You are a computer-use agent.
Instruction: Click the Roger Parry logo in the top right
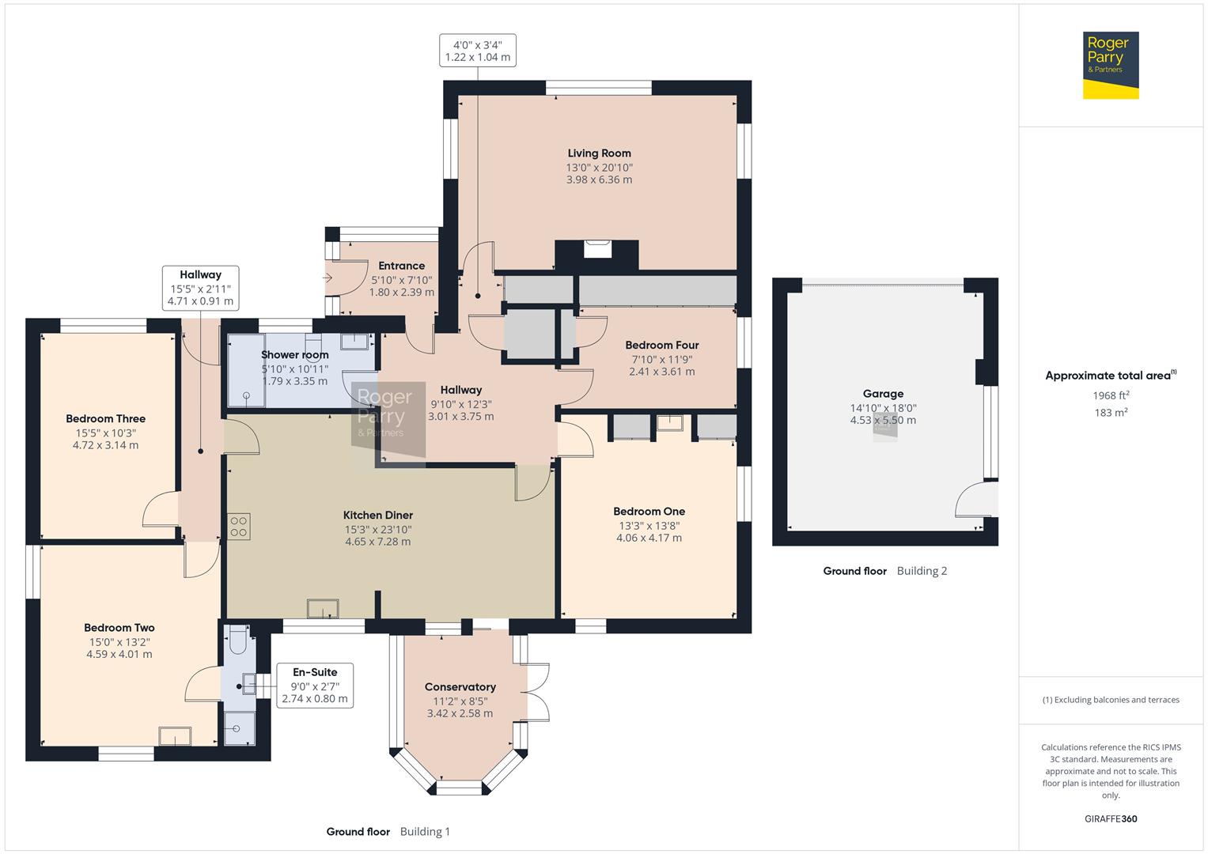[1110, 65]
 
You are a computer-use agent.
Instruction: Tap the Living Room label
[599, 153]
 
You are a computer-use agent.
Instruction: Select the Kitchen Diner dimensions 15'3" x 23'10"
[377, 529]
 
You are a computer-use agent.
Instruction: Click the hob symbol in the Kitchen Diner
[239, 527]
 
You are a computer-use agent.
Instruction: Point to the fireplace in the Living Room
[596, 250]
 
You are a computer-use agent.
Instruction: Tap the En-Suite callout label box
[314, 685]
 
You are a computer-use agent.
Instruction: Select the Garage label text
[883, 394]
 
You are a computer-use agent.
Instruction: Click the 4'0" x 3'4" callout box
[477, 51]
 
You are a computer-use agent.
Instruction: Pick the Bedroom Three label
[105, 419]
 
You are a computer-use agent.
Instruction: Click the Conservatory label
[460, 687]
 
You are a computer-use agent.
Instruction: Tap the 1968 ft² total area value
[1111, 395]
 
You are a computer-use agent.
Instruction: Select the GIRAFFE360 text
[1111, 818]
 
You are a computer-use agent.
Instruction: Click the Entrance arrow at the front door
[328, 278]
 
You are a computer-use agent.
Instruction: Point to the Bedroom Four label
[661, 345]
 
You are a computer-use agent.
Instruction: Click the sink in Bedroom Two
[175, 735]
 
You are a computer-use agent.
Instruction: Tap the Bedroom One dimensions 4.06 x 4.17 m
[649, 538]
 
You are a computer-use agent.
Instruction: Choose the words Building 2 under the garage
[922, 571]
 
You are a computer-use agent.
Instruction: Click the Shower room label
[294, 355]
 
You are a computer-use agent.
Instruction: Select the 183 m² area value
[1111, 413]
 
